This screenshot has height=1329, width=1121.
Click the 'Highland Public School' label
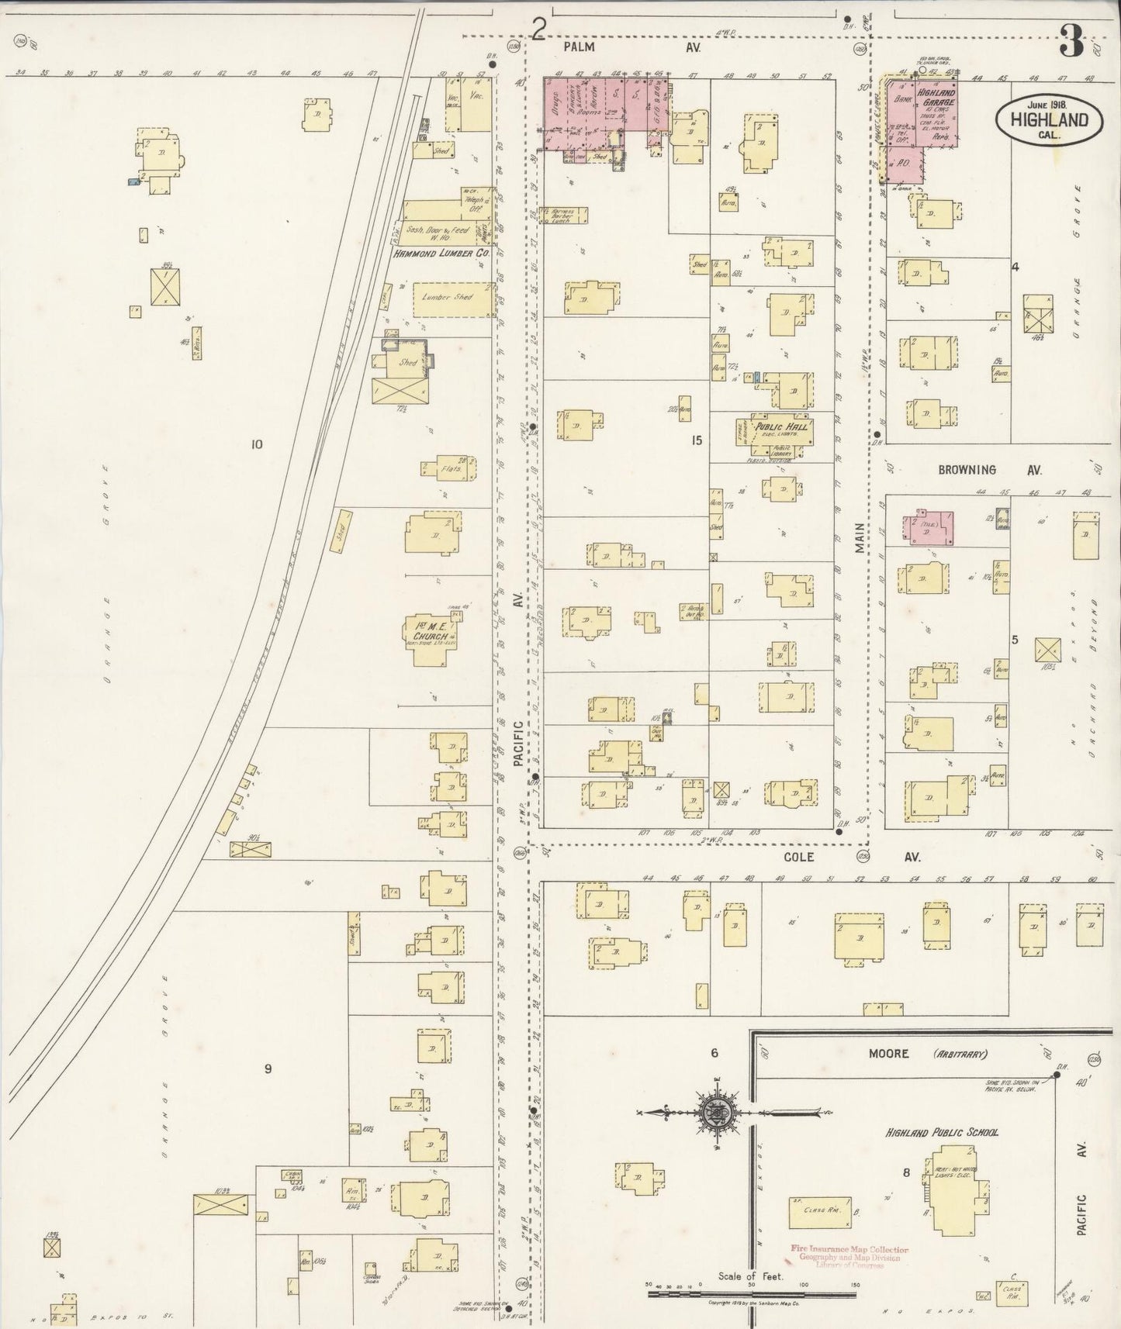tap(942, 1132)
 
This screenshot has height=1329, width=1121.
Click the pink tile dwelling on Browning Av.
tap(929, 527)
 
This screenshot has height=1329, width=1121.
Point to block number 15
tap(697, 440)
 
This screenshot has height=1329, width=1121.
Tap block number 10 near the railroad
tap(257, 444)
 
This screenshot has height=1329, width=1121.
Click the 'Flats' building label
tap(452, 468)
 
